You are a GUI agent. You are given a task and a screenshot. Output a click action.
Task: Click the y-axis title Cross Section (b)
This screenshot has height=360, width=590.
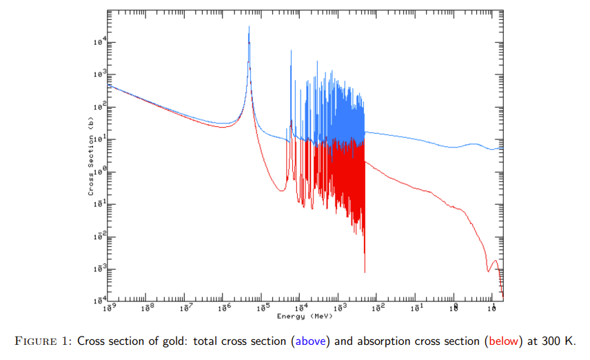[x=90, y=156]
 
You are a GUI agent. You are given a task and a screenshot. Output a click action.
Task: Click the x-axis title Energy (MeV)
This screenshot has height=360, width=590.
[x=305, y=316]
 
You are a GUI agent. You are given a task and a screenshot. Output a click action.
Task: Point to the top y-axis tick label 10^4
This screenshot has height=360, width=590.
[x=99, y=42]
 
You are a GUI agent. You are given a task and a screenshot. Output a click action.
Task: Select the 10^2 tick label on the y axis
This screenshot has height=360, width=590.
[x=99, y=107]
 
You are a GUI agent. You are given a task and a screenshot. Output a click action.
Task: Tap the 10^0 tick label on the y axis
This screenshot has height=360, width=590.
[x=99, y=172]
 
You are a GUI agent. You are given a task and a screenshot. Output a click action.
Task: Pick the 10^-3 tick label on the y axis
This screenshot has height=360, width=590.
[x=99, y=269]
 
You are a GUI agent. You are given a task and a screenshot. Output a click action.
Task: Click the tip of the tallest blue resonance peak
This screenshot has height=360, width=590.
[x=249, y=27]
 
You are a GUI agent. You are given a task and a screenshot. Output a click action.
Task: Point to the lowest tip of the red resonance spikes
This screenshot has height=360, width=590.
[x=364, y=272]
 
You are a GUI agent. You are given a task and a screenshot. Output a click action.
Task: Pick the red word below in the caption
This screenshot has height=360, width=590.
[x=504, y=341]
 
